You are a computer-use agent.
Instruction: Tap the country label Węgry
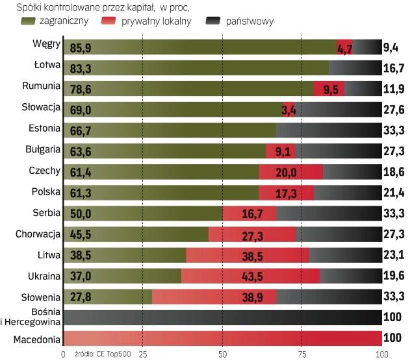(x=47, y=45)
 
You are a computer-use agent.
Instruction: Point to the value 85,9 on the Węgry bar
(x=81, y=47)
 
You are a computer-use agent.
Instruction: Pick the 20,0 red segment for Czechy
(x=290, y=172)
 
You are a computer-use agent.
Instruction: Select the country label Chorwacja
(x=39, y=234)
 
